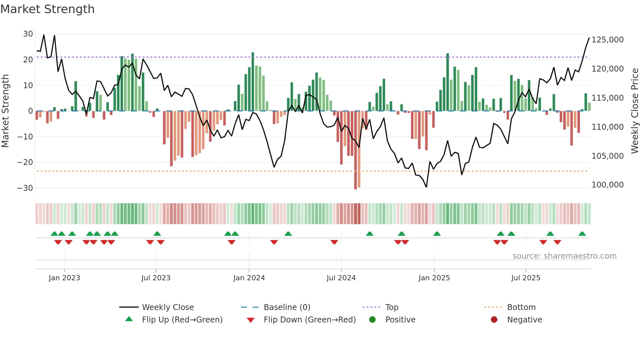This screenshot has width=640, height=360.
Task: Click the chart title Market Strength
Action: [x=47, y=9]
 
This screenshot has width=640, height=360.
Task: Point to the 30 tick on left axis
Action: [x=28, y=34]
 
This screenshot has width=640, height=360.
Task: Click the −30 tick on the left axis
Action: [x=25, y=188]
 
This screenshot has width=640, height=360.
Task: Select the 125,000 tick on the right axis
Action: [x=607, y=40]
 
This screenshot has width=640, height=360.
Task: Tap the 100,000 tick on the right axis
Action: [x=607, y=185]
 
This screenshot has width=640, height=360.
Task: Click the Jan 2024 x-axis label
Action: [x=249, y=278]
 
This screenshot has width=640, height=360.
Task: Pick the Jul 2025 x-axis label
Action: [x=525, y=278]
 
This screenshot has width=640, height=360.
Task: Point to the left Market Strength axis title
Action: [x=5, y=111]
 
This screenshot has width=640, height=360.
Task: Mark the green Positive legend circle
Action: [x=372, y=319]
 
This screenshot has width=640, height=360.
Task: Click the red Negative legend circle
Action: [x=494, y=319]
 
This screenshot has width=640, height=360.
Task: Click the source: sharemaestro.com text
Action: [x=564, y=256]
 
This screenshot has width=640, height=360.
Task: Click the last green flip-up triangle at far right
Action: [x=582, y=234]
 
